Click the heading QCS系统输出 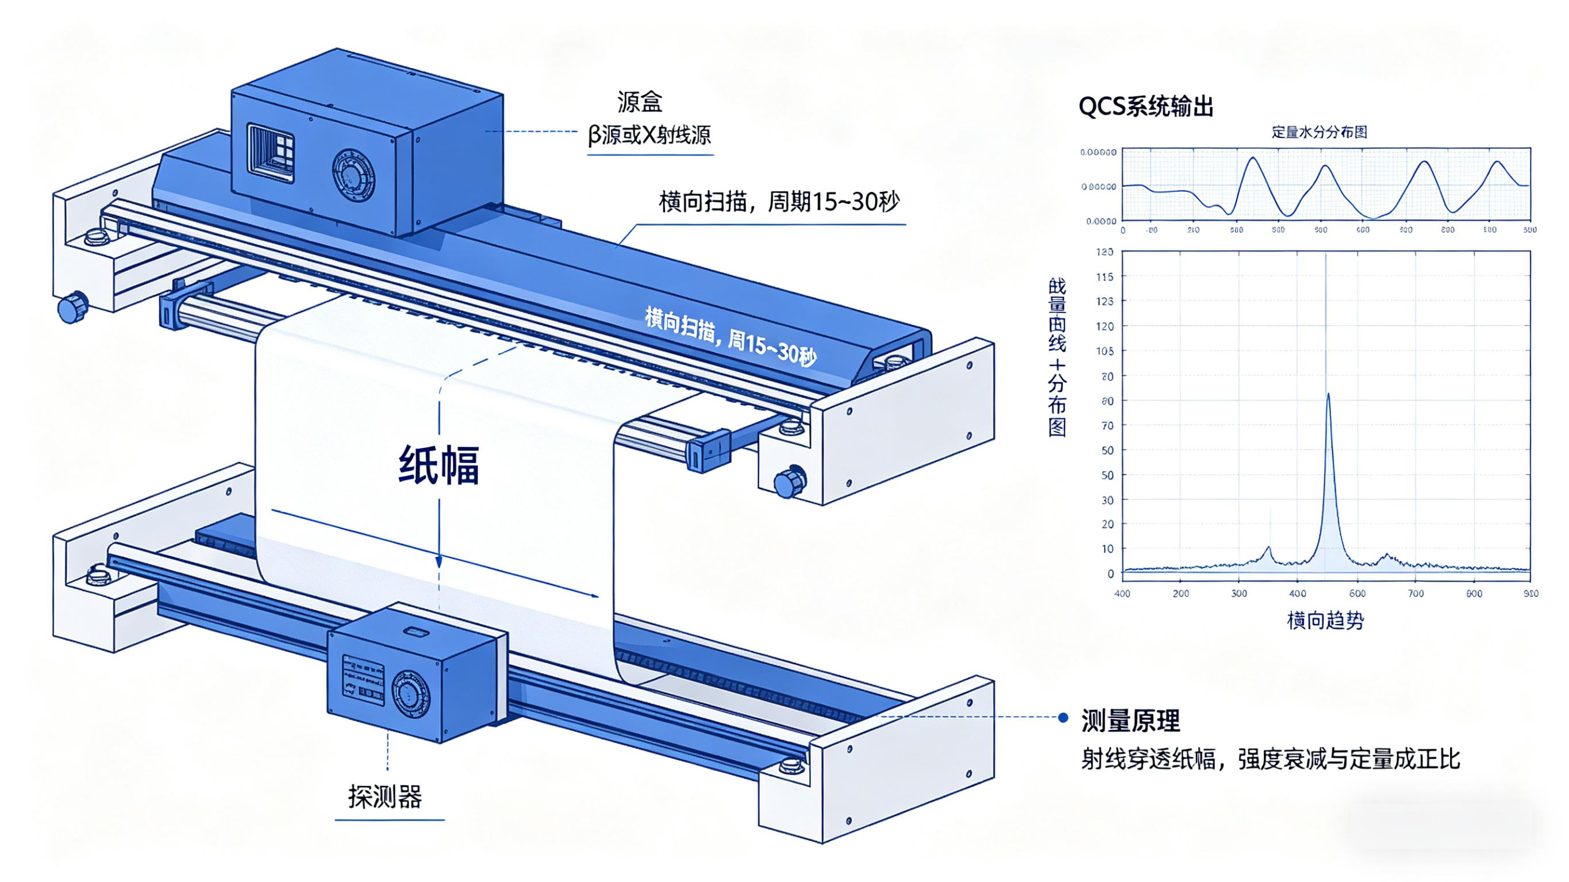(x=1145, y=107)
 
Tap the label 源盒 (x=640, y=102)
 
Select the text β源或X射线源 (x=649, y=134)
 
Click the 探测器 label (x=385, y=796)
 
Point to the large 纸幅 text (x=439, y=466)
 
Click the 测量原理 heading (x=1130, y=721)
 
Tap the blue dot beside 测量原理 (x=1063, y=718)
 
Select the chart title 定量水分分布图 (x=1319, y=132)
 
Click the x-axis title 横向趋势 (x=1325, y=621)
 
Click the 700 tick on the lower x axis (x=1416, y=594)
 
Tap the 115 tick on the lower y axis (x=1105, y=277)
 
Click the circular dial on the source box (x=353, y=176)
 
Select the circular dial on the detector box (x=410, y=696)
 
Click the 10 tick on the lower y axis (x=1107, y=549)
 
